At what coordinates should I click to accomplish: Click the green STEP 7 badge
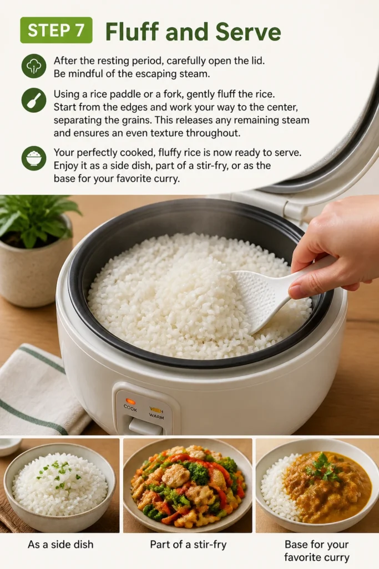tap(56, 30)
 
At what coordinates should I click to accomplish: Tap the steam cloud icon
tap(34, 66)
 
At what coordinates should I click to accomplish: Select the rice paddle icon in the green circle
tap(34, 100)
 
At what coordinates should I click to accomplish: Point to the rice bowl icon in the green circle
tap(34, 158)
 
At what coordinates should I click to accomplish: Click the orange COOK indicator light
tap(130, 401)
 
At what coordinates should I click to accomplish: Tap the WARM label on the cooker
tap(156, 416)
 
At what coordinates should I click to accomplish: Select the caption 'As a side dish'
tap(60, 545)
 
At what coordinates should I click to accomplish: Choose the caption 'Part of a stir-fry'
tap(188, 545)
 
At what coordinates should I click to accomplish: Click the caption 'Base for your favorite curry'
tap(317, 551)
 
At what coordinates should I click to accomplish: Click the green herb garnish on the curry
tap(322, 466)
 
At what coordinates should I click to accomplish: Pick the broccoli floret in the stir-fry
tap(198, 472)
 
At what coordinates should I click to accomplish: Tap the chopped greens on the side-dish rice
tap(58, 472)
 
